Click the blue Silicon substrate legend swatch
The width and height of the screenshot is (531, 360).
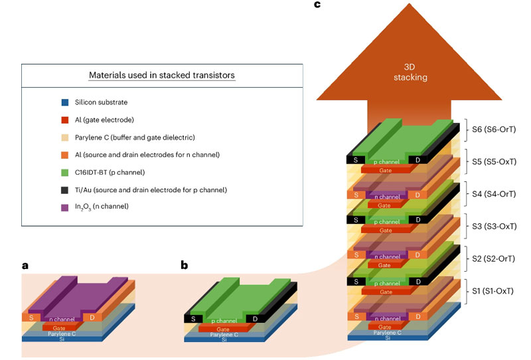(64, 102)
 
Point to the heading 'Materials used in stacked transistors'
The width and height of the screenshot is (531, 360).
(162, 75)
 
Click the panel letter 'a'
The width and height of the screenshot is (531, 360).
(25, 266)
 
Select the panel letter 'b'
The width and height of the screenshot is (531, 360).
(185, 266)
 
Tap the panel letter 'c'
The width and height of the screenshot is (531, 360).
(317, 5)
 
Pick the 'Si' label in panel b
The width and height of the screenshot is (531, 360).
(224, 339)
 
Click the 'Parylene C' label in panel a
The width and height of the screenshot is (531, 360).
(61, 333)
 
